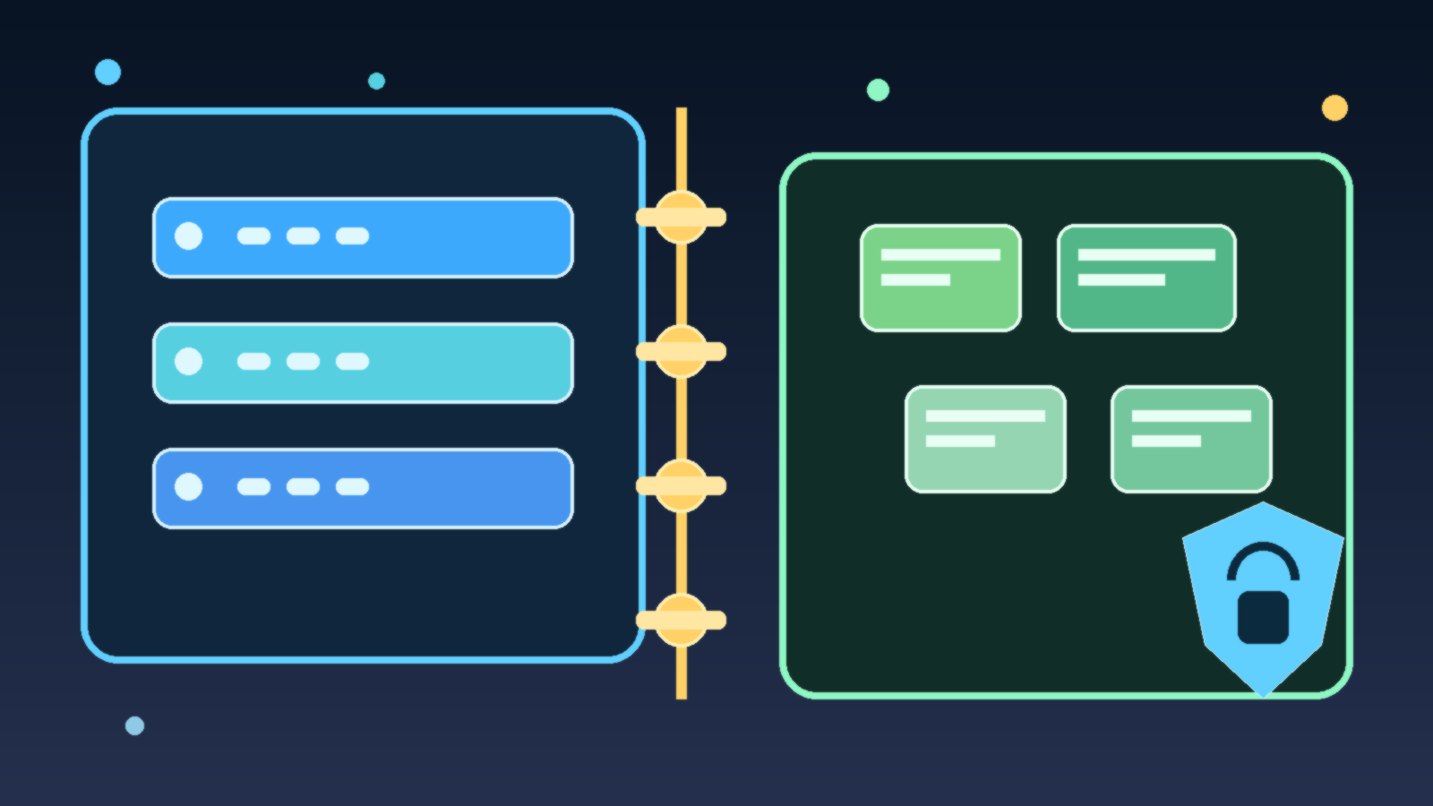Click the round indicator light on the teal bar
pyautogui.click(x=188, y=362)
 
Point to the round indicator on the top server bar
pyautogui.click(x=188, y=236)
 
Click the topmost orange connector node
pyautogui.click(x=681, y=217)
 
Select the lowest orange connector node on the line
pyautogui.click(x=681, y=620)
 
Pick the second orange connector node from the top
pyautogui.click(x=681, y=351)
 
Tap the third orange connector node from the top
pyautogui.click(x=681, y=485)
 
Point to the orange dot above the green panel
pyautogui.click(x=1334, y=107)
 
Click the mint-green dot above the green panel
pyautogui.click(x=878, y=90)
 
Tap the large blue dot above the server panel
pyautogui.click(x=107, y=72)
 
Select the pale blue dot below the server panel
pyautogui.click(x=134, y=725)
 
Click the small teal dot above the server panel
pyautogui.click(x=376, y=81)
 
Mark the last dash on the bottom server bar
pyautogui.click(x=352, y=487)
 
